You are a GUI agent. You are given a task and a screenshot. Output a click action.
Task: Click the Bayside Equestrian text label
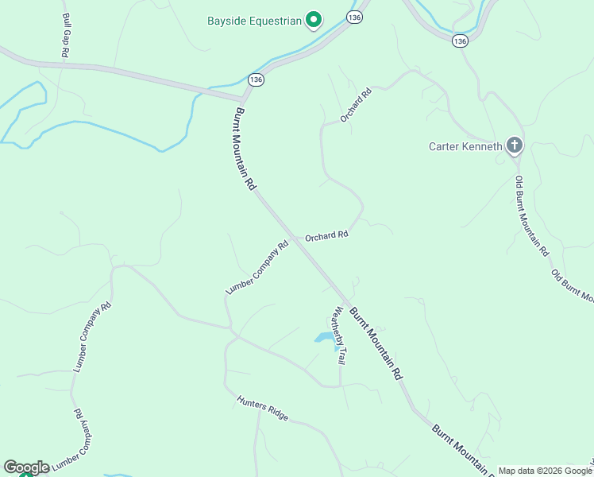[254, 21]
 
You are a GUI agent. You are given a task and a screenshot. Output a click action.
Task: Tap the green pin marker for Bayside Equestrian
[314, 19]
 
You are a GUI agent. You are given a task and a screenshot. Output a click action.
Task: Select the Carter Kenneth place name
[465, 146]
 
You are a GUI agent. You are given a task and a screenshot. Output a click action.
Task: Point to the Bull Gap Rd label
[66, 34]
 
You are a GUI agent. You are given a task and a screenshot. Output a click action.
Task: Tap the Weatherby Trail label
[340, 335]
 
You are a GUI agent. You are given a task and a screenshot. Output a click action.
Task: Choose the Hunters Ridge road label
[262, 406]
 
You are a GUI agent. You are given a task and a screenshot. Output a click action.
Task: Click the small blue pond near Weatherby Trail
[326, 339]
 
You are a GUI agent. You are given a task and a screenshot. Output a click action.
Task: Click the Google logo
[26, 467]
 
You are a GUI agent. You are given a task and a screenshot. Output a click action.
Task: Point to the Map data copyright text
[545, 471]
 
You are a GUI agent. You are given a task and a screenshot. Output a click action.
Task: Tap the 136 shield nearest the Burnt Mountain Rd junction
[255, 79]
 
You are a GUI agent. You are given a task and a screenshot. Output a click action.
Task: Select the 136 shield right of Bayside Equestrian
[355, 17]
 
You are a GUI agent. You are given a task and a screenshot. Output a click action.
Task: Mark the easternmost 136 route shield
[460, 40]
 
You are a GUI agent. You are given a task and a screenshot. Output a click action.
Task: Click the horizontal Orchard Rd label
[326, 236]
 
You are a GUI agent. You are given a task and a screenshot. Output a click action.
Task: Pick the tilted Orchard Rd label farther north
[356, 105]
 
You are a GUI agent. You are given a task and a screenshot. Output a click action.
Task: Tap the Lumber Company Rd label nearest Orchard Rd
[256, 269]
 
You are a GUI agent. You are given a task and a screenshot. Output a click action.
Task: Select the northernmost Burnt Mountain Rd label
[245, 149]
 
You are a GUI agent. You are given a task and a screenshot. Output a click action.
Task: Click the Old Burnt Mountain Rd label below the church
[531, 215]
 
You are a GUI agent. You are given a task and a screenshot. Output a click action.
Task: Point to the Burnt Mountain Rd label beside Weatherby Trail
[376, 343]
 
